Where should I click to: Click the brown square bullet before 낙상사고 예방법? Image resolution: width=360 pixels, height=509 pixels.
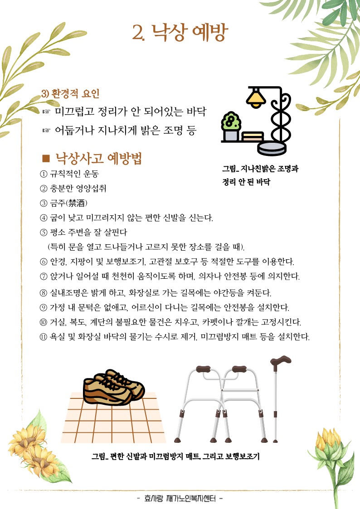(x=45, y=158)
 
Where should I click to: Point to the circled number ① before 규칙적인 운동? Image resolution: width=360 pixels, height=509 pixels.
(x=44, y=174)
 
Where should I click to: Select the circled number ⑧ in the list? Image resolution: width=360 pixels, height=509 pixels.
(x=44, y=293)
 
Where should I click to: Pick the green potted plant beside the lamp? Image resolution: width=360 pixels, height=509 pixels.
(x=230, y=122)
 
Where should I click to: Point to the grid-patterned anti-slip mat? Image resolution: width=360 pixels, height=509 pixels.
(x=113, y=422)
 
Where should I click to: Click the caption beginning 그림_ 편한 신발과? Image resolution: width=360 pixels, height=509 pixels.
(x=175, y=456)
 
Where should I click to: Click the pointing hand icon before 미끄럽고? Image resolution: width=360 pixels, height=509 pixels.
(x=46, y=111)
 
